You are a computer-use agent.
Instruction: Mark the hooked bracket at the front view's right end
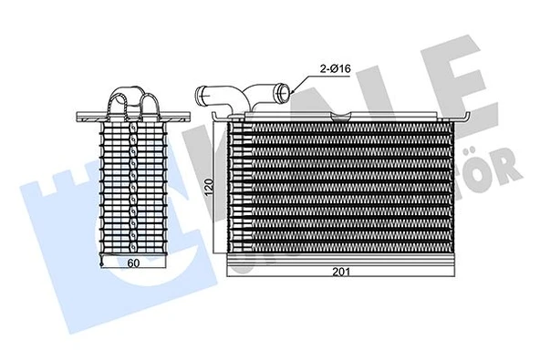click(x=466, y=116)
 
